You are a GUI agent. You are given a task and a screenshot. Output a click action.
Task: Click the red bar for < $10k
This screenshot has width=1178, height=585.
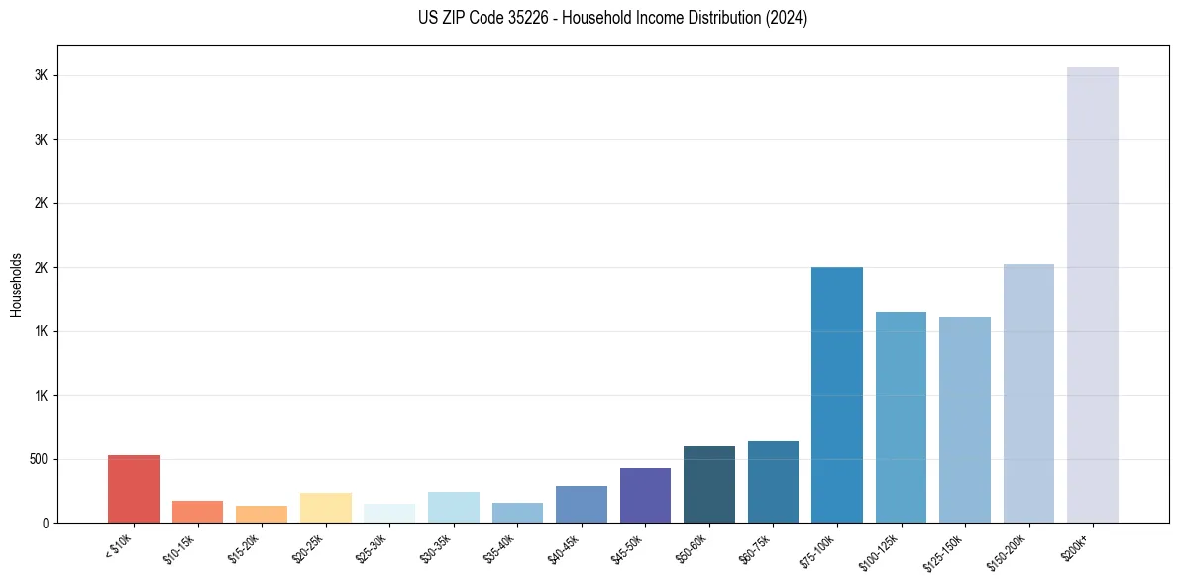[134, 489]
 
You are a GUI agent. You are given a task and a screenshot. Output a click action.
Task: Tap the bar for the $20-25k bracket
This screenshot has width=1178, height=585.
[325, 508]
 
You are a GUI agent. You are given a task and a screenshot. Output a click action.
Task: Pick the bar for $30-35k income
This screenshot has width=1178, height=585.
[453, 507]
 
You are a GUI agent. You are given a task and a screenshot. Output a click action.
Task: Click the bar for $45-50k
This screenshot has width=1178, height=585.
[645, 495]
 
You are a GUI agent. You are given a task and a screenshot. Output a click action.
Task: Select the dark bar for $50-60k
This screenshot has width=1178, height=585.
[709, 484]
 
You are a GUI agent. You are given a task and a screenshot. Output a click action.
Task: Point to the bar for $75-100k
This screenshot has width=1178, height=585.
[837, 395]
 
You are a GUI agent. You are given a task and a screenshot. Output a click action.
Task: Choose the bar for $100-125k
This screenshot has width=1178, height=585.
[901, 417]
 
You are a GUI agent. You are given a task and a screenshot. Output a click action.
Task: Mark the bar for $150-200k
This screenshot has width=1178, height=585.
[1028, 393]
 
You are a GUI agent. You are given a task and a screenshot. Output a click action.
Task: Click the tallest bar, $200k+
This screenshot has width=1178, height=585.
[1093, 294]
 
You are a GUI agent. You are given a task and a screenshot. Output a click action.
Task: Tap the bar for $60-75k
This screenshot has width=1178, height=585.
[773, 482]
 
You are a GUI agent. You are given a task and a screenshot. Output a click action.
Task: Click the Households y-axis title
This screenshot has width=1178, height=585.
[16, 284]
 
